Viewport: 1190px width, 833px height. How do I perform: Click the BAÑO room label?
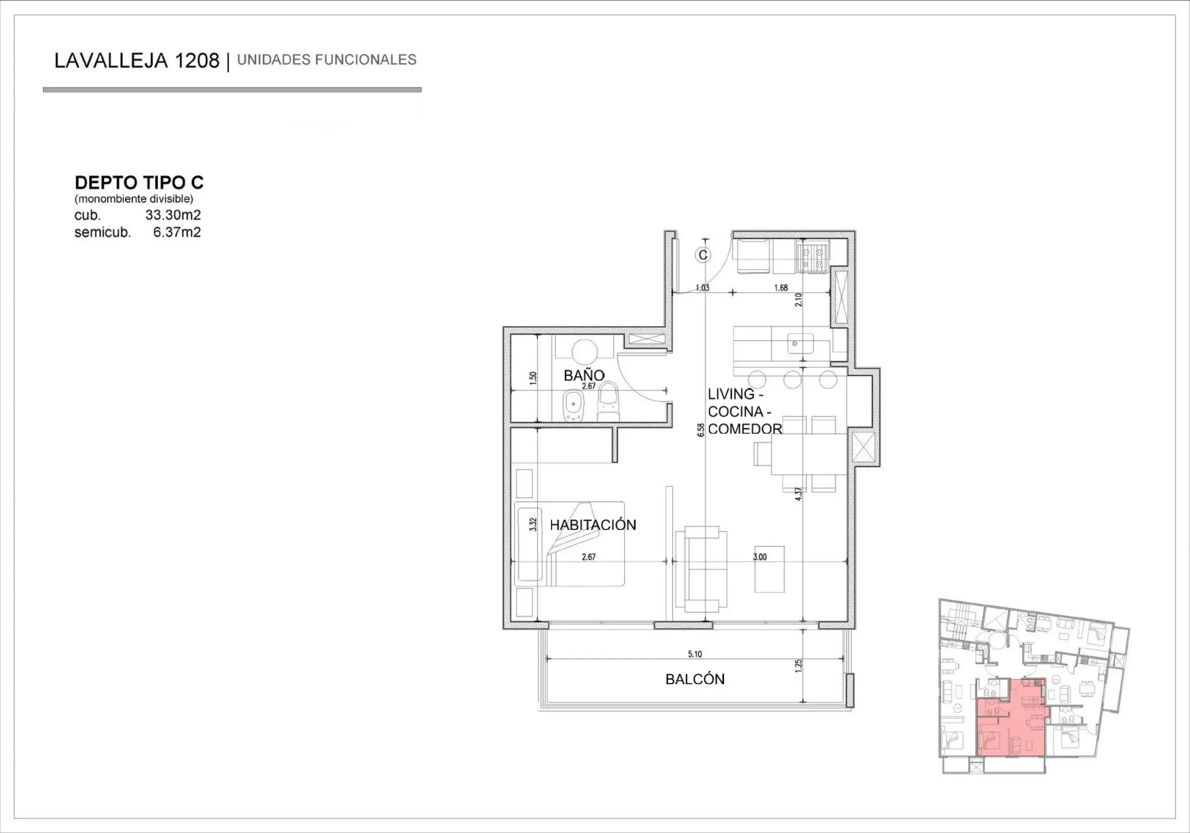click(x=583, y=375)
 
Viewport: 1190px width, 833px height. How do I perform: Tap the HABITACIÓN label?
click(x=593, y=525)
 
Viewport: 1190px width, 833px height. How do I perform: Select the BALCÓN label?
click(x=695, y=679)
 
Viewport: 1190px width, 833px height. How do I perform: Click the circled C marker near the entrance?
click(x=703, y=255)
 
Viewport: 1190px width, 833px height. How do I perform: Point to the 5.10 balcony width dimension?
click(x=695, y=654)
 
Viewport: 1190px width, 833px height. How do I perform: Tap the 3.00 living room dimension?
click(x=760, y=557)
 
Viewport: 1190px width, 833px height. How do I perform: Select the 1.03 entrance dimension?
click(x=702, y=288)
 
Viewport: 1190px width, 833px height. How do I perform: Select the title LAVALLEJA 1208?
click(x=137, y=61)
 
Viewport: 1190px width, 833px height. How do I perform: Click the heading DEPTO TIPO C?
click(x=139, y=182)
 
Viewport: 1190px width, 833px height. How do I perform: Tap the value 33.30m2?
click(x=173, y=215)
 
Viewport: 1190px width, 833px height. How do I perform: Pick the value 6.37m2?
click(x=177, y=232)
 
